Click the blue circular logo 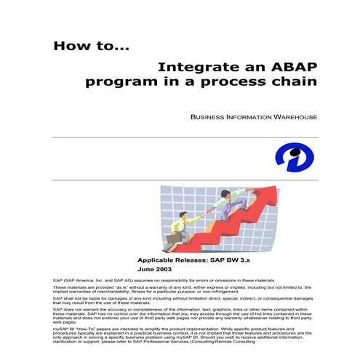[295, 157]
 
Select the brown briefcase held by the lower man [172, 238]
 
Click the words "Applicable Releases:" [172, 260]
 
